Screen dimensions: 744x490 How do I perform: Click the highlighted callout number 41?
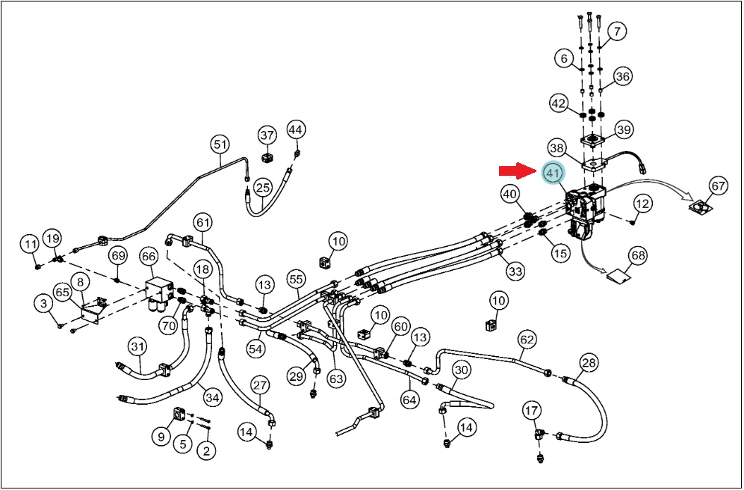(553, 174)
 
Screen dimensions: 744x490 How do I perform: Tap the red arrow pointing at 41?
(517, 171)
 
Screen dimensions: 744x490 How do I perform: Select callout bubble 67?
(719, 185)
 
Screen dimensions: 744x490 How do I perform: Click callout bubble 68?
(638, 256)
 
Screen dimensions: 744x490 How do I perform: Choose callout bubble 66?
(149, 257)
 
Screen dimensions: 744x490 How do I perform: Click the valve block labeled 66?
(158, 293)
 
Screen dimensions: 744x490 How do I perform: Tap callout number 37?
(267, 135)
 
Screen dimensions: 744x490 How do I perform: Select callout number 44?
(297, 129)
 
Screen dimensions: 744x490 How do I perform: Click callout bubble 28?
(589, 364)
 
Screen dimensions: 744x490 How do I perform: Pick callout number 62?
(527, 340)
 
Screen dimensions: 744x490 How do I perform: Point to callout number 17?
(533, 410)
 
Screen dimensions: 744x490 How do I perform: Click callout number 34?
(212, 396)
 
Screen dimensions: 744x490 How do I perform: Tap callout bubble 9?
(161, 436)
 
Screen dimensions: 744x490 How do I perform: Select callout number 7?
(617, 32)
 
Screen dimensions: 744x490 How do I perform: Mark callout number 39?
(624, 129)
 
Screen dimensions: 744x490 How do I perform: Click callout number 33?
(515, 272)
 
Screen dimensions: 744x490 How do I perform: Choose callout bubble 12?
(642, 204)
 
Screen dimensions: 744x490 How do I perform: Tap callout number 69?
(118, 256)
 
